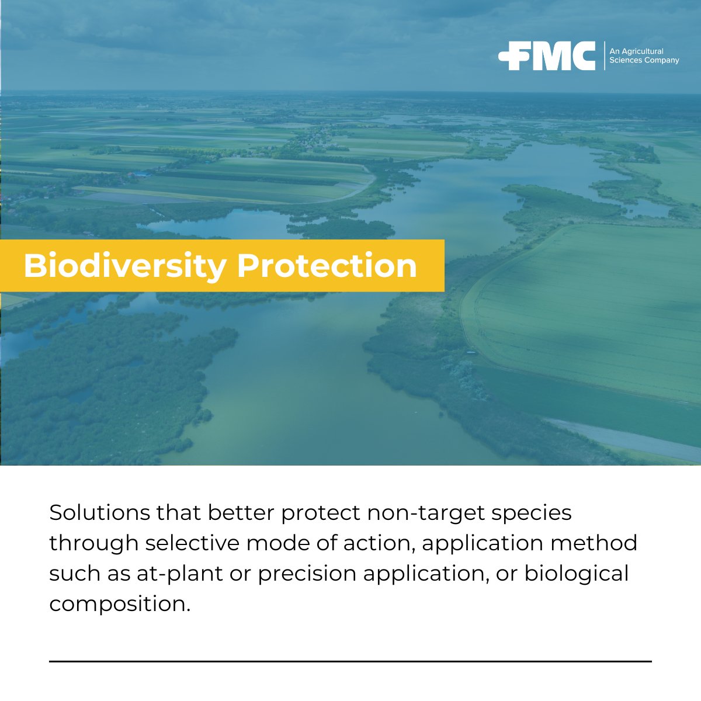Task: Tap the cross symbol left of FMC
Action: click(x=509, y=57)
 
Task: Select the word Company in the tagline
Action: click(x=661, y=60)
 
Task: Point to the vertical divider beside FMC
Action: click(x=604, y=56)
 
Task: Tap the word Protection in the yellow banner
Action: click(x=327, y=266)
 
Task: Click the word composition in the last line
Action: click(x=119, y=604)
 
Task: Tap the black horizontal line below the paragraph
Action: click(x=350, y=661)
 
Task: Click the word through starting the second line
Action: click(x=93, y=543)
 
